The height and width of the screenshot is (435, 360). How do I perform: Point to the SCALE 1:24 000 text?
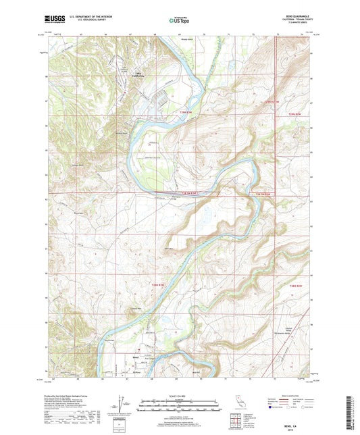tap(180, 395)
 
